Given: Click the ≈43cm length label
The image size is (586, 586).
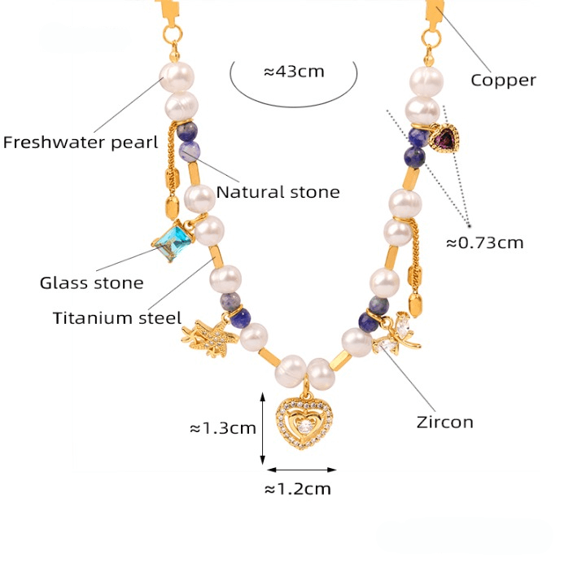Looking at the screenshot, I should coord(293,72).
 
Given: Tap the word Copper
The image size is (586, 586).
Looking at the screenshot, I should coord(503,80).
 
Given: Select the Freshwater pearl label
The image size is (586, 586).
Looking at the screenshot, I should coord(80,143).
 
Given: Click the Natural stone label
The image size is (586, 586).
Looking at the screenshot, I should coord(278,192).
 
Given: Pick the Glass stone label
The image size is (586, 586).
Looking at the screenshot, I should coord(91,283).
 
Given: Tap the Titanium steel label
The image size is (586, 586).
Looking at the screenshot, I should coord(116,318).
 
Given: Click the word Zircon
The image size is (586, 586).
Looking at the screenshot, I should coord(444,422).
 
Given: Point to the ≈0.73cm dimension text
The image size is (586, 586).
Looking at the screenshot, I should coord(484,242).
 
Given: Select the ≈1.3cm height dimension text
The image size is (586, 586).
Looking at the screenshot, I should coord(222,427).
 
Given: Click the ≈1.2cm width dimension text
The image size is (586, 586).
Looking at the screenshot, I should coord(298,489).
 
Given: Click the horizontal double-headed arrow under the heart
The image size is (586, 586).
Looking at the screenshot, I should coord(301,470).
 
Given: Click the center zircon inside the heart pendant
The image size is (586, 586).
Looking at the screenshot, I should coord(303,425).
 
